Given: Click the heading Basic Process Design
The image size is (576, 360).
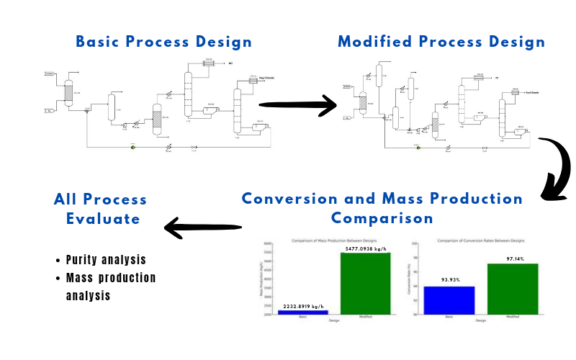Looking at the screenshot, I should [164, 41].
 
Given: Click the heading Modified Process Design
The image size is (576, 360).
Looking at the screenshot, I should [441, 41].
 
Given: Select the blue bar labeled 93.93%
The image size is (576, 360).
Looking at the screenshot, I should [449, 300].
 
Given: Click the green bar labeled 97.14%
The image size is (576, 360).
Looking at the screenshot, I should [513, 289].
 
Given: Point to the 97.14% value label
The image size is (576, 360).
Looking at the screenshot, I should [514, 258].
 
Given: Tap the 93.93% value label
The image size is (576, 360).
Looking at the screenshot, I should [449, 281].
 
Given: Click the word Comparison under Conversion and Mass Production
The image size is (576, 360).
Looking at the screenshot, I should [382, 217].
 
